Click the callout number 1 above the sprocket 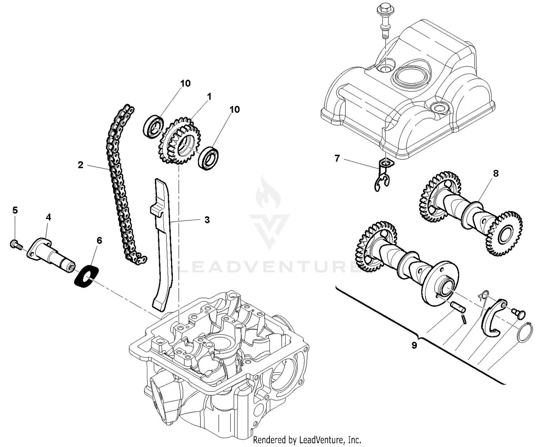209,97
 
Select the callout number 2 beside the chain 80,165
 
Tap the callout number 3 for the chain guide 207,220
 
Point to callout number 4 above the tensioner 48,217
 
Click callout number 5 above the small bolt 15,210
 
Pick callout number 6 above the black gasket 99,240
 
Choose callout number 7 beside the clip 337,158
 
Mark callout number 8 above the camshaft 496,173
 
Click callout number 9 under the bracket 414,345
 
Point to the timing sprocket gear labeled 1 179,141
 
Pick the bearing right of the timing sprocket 210,158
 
